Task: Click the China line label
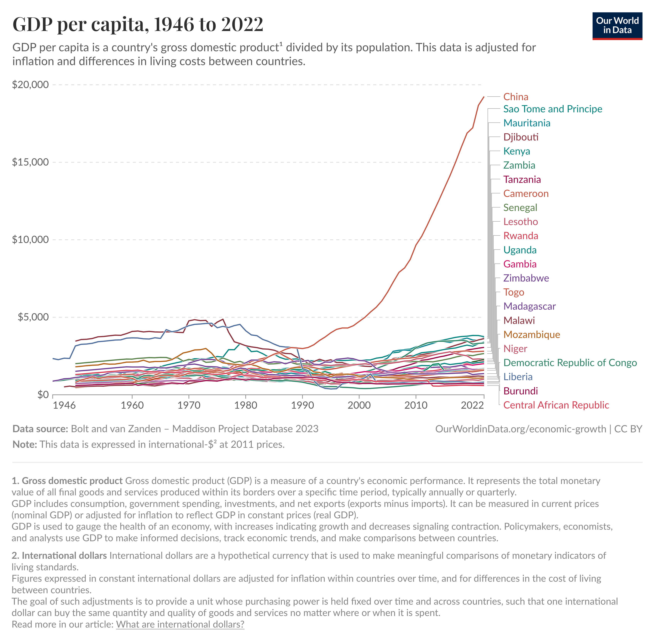pos(516,97)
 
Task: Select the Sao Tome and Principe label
pos(552,109)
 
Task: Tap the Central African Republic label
pos(556,405)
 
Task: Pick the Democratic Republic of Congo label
pos(570,363)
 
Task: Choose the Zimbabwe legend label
pos(526,278)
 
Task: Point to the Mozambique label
pos(531,334)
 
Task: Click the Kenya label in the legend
pos(516,151)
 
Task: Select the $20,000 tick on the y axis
pos(30,84)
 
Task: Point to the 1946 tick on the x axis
pos(64,405)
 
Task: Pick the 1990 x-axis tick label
pos(302,405)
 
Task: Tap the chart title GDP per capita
pos(138,24)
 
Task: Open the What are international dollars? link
pos(180,624)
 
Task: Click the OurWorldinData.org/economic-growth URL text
pos(520,429)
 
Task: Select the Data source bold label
pos(40,429)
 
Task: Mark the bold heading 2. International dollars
pos(59,555)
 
